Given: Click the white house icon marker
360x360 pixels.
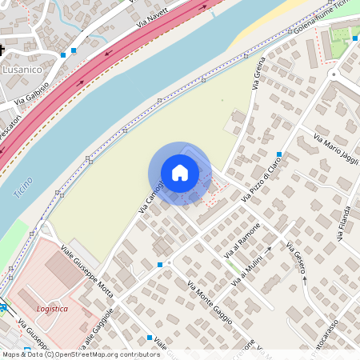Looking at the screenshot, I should [x=180, y=173].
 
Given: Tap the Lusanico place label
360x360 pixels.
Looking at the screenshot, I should [x=23, y=70].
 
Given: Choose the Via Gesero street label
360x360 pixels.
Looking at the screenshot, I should [x=295, y=257].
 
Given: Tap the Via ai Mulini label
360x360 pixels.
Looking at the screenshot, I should [x=250, y=265].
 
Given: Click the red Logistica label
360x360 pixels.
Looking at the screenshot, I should [x=53, y=309].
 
